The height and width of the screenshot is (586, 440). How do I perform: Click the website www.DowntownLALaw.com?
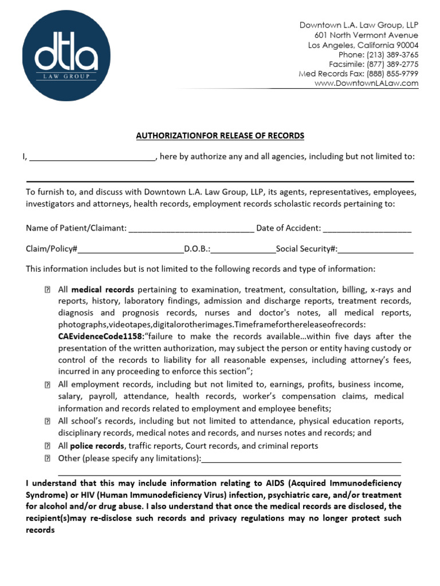(366, 84)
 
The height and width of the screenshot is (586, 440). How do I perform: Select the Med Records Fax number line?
(358, 74)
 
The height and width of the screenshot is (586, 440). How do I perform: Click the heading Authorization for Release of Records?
(220, 136)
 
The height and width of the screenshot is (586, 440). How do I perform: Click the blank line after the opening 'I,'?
(92, 157)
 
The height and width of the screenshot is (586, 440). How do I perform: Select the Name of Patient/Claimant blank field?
(191, 228)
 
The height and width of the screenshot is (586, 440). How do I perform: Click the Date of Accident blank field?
(367, 228)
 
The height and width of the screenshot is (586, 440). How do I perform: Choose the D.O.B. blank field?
(243, 250)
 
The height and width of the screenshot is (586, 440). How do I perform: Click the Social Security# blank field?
(375, 250)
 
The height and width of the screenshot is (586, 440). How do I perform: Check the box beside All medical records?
(47, 290)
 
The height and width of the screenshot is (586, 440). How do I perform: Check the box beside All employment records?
(47, 385)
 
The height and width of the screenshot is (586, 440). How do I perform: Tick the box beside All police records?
(47, 446)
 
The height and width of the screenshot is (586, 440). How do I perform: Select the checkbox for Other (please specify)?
(47, 458)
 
